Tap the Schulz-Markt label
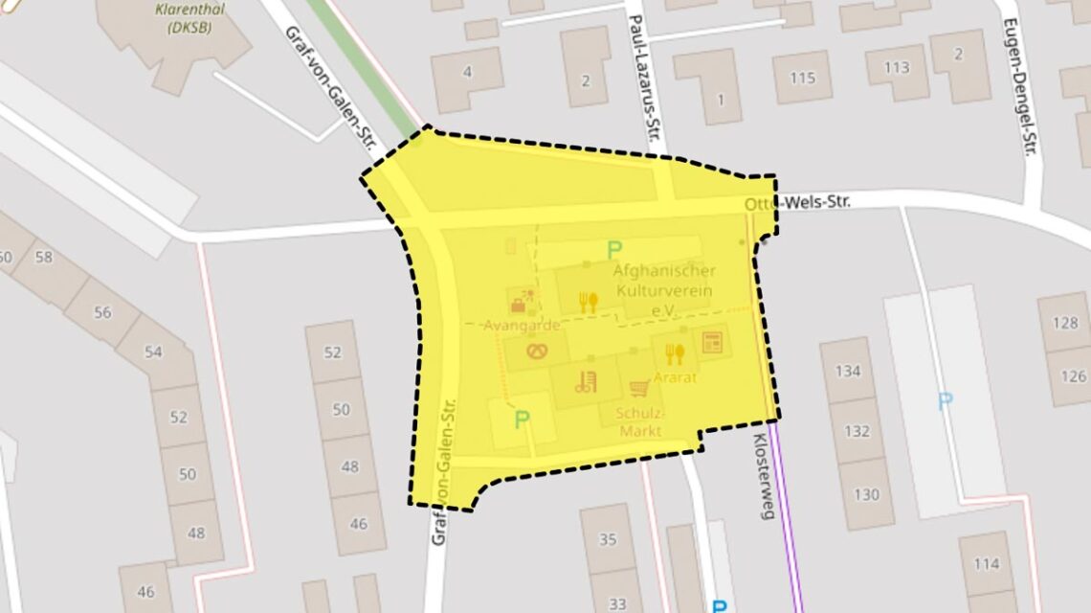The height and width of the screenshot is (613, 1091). (639, 422)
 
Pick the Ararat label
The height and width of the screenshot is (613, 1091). (675, 378)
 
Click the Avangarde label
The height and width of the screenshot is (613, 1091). (521, 326)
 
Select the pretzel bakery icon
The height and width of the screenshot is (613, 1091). (538, 352)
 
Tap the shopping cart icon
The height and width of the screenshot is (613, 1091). (639, 389)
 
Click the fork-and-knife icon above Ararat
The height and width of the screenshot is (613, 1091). (675, 355)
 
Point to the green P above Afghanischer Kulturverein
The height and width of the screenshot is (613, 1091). (613, 251)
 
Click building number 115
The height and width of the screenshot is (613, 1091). (801, 78)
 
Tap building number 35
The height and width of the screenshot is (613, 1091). (608, 539)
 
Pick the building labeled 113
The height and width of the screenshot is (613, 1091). (897, 67)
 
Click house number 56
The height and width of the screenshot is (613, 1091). (102, 312)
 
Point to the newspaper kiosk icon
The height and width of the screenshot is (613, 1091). (710, 343)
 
